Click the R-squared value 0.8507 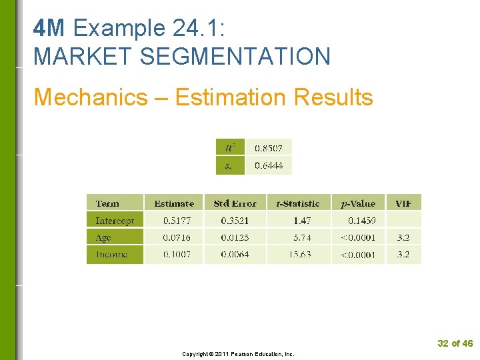pos(268,147)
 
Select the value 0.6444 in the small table pos(268,165)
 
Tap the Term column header pos(107,203)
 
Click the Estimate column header pos(174,203)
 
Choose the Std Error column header pos(235,203)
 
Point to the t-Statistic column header pos(297,203)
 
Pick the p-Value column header pos(358,203)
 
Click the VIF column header pos(403,203)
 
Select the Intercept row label pos(115,220)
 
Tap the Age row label pos(103,237)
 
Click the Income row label pos(111,254)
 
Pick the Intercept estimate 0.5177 pos(177,220)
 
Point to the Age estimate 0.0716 pos(177,237)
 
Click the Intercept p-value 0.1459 pos(362,220)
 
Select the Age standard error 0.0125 pos(235,237)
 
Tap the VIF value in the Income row pos(403,254)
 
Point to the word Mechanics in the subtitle pos(91,97)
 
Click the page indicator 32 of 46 pos(455,343)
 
